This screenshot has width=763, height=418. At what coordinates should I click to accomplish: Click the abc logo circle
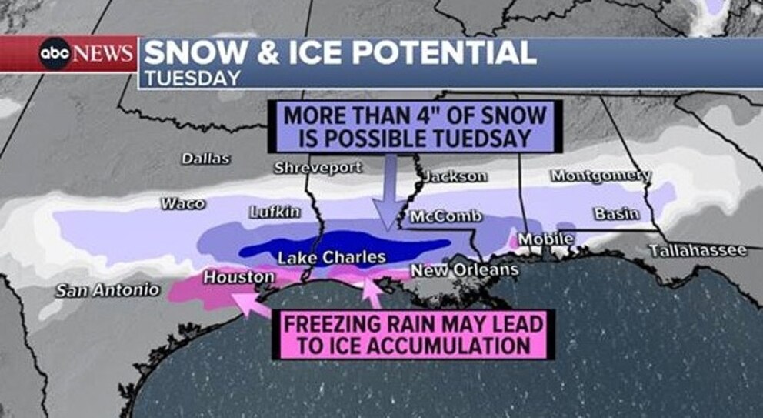point(55,54)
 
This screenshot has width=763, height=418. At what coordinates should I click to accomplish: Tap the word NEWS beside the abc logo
point(105,54)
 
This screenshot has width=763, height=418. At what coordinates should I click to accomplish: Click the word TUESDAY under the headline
point(192,78)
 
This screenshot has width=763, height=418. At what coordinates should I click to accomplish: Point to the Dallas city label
point(205,159)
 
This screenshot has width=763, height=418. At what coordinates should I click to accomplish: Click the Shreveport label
point(318,168)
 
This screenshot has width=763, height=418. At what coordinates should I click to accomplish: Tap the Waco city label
point(182,203)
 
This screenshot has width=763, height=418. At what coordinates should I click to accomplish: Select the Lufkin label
point(275,212)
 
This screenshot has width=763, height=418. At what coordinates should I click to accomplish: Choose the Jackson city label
point(456,176)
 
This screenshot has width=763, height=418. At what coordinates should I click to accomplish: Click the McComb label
point(445,216)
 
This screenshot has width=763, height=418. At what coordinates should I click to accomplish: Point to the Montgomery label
point(601,176)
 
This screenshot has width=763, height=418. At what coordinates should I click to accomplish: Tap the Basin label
point(616,213)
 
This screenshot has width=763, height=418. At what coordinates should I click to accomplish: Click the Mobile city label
point(545,239)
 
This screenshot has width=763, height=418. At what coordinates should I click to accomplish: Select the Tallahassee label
point(698,251)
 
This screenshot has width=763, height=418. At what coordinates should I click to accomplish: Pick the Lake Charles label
point(332,258)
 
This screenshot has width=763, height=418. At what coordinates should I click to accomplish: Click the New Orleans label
point(465,270)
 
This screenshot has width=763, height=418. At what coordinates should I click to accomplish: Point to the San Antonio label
point(108,290)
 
